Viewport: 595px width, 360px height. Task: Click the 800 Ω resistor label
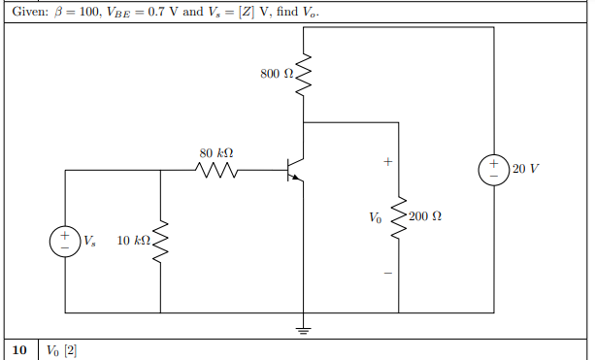(x=275, y=74)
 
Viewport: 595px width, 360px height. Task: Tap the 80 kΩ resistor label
(x=215, y=153)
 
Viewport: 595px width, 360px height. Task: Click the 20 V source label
(x=525, y=169)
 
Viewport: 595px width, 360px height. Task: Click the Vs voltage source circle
(x=64, y=240)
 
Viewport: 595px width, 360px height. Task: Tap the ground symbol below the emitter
(x=304, y=330)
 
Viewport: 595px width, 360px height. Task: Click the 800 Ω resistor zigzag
(x=304, y=74)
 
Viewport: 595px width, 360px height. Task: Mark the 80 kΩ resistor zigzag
(x=215, y=171)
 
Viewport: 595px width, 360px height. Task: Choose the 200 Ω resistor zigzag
(x=398, y=215)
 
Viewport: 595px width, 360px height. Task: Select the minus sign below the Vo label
(x=386, y=272)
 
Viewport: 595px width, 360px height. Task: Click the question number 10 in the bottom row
(x=18, y=349)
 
